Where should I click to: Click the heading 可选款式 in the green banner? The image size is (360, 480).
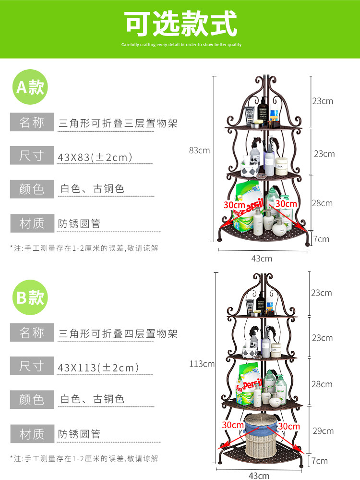tap(181, 24)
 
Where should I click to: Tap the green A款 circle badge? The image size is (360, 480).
tap(30, 87)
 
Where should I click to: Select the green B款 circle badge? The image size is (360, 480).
tap(30, 297)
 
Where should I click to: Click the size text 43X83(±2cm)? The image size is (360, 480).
tap(95, 157)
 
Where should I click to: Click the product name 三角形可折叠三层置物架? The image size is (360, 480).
tap(118, 123)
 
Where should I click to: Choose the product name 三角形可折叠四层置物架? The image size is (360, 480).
tap(118, 333)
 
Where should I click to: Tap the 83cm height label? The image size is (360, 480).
tap(199, 150)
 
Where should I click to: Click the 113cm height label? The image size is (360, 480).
tap(202, 364)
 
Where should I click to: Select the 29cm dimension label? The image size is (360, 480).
tap(322, 431)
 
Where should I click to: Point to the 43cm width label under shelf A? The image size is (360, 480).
tap(262, 258)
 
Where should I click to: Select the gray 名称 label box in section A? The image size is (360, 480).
tap(32, 123)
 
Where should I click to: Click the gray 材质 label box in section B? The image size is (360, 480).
tap(32, 433)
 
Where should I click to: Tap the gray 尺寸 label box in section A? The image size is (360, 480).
tap(32, 156)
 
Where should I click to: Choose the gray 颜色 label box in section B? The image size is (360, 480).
tap(32, 400)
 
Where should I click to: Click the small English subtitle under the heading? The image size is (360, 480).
tap(181, 45)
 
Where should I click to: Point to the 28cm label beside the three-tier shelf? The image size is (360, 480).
tap(322, 203)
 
